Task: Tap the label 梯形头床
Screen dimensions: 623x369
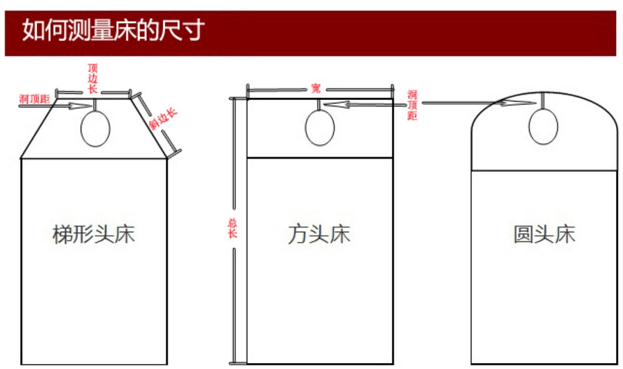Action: pyautogui.click(x=94, y=235)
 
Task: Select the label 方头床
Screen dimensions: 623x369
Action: pyautogui.click(x=320, y=235)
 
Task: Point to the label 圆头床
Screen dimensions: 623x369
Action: pyautogui.click(x=544, y=235)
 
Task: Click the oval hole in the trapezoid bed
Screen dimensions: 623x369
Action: pyautogui.click(x=95, y=128)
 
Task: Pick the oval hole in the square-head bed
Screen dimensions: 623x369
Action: pyautogui.click(x=320, y=128)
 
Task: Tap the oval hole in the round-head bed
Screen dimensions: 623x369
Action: pyautogui.click(x=543, y=127)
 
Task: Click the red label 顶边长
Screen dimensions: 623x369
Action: pyautogui.click(x=93, y=78)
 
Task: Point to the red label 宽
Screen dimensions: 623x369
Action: pyautogui.click(x=316, y=89)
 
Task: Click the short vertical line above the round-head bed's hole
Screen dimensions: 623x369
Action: pyautogui.click(x=543, y=100)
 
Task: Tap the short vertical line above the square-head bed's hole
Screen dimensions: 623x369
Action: pyautogui.click(x=320, y=104)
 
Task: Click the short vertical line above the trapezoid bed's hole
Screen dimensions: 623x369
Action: pyautogui.click(x=94, y=104)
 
